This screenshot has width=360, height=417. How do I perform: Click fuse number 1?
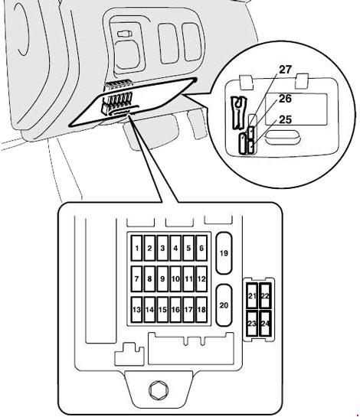(136, 248)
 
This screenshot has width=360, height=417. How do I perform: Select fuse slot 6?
(201, 248)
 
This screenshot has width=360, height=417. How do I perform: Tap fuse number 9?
(162, 279)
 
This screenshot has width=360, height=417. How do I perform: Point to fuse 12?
(201, 279)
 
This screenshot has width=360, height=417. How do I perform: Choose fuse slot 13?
(136, 310)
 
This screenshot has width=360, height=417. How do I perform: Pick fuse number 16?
(175, 310)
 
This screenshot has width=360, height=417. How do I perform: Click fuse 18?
(201, 310)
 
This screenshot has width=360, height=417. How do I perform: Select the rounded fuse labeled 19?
(224, 253)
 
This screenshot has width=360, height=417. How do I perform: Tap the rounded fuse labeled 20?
(224, 305)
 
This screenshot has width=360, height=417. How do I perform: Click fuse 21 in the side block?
(252, 296)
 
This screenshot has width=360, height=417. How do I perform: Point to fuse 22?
(266, 296)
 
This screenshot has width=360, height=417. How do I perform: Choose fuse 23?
(252, 324)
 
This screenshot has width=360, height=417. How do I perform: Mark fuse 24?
(266, 324)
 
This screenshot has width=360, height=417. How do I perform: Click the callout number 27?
(286, 70)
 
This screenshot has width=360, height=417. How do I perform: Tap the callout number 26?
(286, 99)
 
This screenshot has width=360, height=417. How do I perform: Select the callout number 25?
(286, 119)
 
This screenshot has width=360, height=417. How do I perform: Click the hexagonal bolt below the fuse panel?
(159, 390)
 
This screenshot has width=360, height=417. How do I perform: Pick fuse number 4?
(175, 248)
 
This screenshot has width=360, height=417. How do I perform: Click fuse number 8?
(149, 279)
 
